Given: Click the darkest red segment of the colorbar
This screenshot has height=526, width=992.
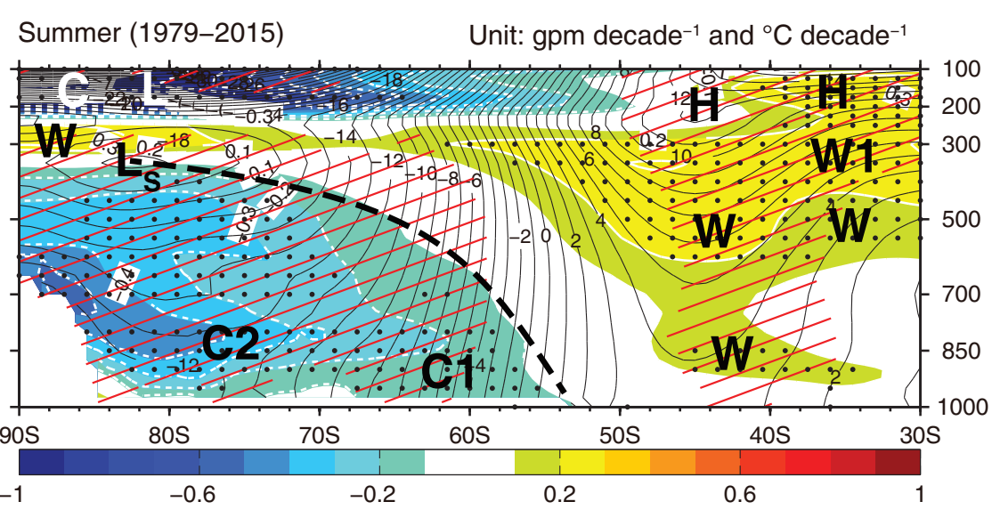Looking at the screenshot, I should click(898, 463).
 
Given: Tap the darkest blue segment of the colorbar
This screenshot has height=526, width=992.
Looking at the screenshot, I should click(42, 463).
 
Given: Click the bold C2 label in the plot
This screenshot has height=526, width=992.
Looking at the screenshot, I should click(230, 344).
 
